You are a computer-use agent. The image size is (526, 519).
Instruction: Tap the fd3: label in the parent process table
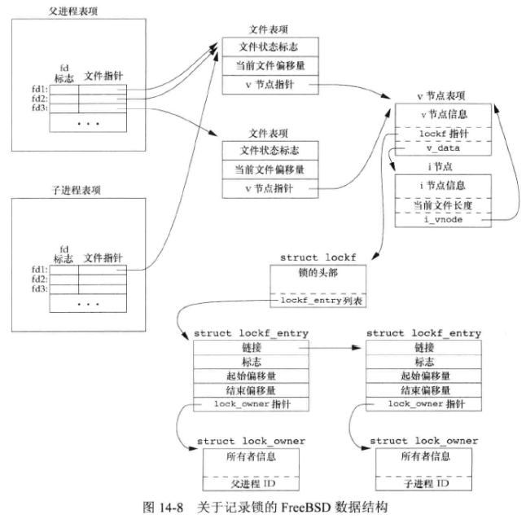point(37,107)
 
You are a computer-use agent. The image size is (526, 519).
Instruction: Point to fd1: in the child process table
point(37,268)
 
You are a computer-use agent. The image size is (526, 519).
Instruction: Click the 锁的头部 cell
point(321,273)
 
